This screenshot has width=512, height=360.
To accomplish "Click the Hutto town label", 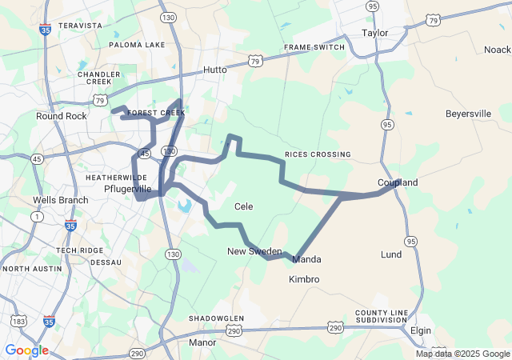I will tap(215, 70).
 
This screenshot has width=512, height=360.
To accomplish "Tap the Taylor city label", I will tap(374, 33).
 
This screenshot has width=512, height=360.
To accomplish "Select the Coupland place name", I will tap(398, 182).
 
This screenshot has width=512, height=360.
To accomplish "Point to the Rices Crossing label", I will tap(318, 154).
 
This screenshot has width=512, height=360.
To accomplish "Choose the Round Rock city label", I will tap(61, 115).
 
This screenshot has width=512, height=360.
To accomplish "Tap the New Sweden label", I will tap(254, 251).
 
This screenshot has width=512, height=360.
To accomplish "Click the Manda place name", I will tap(306, 259).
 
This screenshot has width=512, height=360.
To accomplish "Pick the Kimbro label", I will tap(304, 279).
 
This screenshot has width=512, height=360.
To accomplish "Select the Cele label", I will tap(243, 206).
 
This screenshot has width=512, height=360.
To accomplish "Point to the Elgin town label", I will tap(420, 330).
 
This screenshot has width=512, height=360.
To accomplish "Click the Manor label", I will tap(202, 342).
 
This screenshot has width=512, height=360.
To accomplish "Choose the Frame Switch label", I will tap(314, 47).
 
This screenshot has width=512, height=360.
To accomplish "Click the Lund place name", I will tap(391, 254).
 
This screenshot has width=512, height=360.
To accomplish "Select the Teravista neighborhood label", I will tap(79, 26).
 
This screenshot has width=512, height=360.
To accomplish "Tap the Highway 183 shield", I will tap(17, 321).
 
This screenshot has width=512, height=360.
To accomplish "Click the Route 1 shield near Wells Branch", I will tap(37, 217).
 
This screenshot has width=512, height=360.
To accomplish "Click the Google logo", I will tap(27, 350).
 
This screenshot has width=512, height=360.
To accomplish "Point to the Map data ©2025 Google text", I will tap(462, 354).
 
